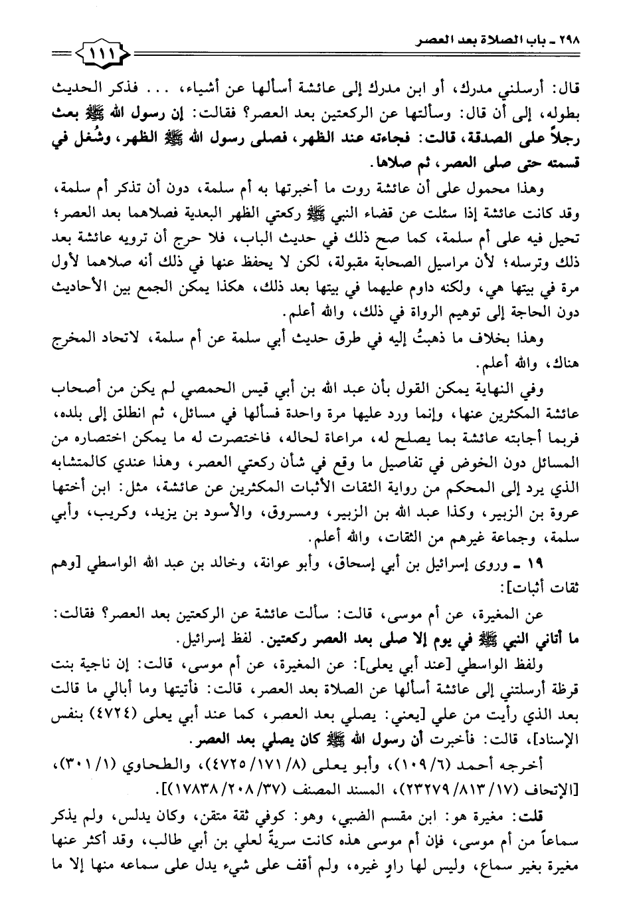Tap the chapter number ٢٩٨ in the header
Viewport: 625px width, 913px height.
pyautogui.click(x=570, y=40)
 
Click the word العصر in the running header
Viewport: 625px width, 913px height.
pyautogui.click(x=416, y=41)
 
